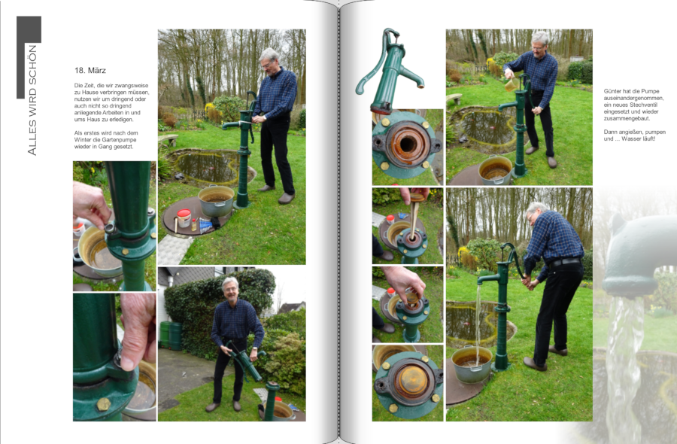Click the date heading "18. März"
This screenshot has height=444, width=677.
click(90, 71)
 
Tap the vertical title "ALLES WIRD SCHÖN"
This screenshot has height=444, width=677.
click(32, 100)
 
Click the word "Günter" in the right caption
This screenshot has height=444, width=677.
click(613, 91)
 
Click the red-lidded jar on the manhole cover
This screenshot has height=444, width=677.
click(184, 218)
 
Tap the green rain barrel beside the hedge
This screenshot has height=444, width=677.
click(171, 335)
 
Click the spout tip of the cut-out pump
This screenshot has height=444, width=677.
click(421, 85)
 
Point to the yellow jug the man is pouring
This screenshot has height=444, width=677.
click(512, 84)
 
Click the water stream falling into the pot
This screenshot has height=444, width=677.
click(478, 322)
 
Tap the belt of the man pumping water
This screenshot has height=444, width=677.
click(565, 262)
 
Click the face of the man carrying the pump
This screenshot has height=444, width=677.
click(232, 291)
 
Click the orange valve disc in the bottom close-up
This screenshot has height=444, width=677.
click(411, 380)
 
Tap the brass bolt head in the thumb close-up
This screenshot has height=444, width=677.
click(104, 404)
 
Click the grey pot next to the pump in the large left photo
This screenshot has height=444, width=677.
click(216, 201)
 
